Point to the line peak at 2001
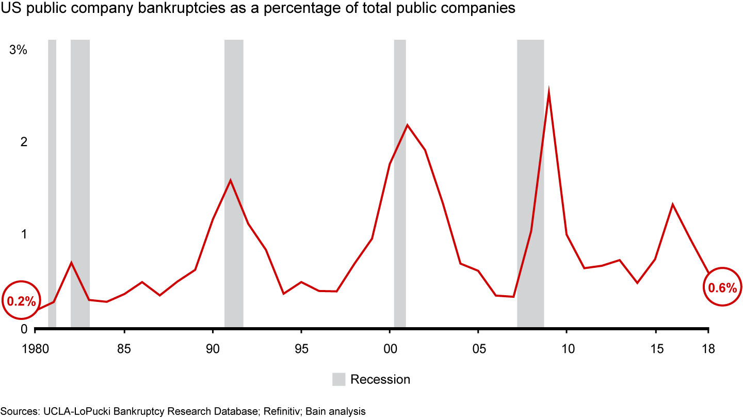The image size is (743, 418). pyautogui.click(x=408, y=125)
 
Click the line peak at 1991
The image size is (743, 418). pyautogui.click(x=230, y=180)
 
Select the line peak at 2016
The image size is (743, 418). pyautogui.click(x=673, y=204)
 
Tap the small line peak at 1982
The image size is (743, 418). pyautogui.click(x=71, y=263)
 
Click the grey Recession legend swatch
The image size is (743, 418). pyautogui.click(x=338, y=379)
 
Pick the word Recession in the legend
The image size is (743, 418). pyautogui.click(x=380, y=379)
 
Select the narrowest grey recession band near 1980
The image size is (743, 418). pyautogui.click(x=52, y=183)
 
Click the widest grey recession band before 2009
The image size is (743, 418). pyautogui.click(x=530, y=183)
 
